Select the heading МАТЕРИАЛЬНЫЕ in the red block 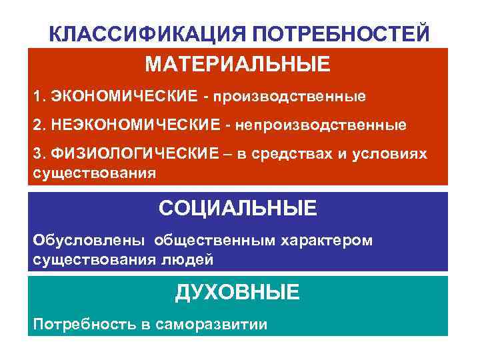coord(238,65)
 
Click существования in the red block coord(95,173)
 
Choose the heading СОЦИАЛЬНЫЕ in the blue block coord(238,208)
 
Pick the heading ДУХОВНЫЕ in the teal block coord(238,291)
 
